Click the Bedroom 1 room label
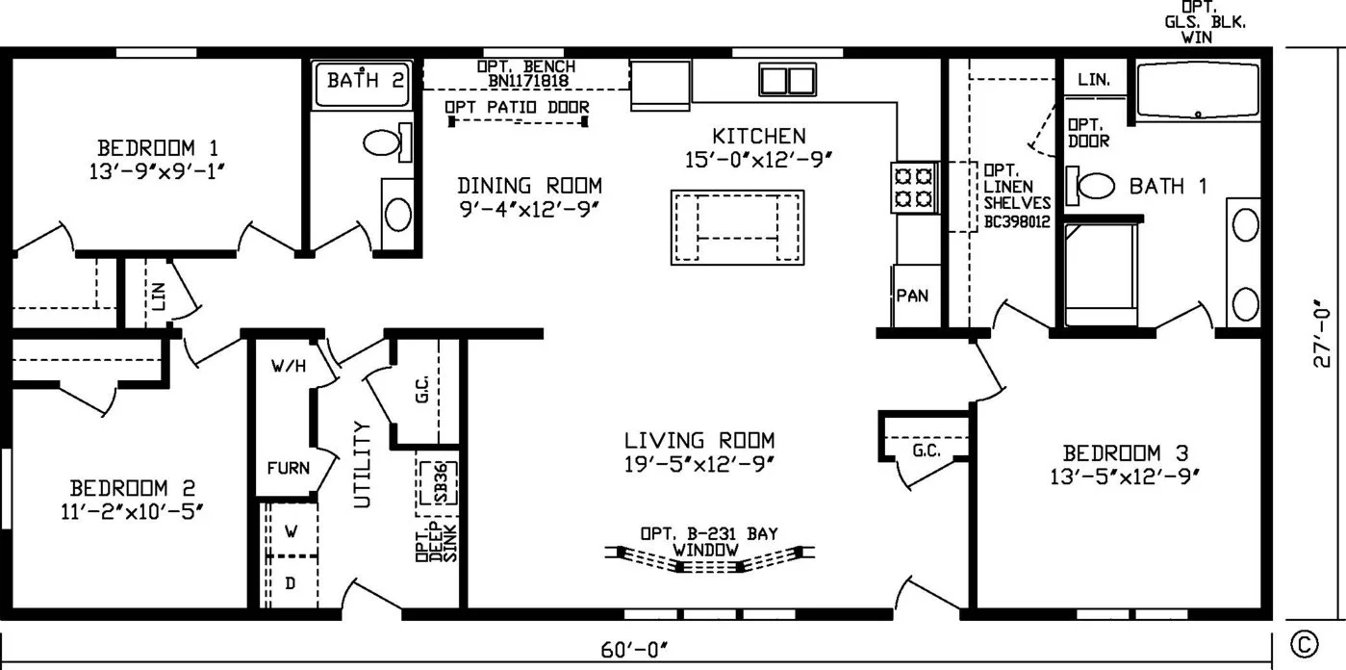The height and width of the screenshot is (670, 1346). point(158,148)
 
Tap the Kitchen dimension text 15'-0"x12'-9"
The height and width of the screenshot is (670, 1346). point(758,160)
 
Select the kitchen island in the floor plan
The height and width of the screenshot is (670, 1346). point(737,227)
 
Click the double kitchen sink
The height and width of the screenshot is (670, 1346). point(787,80)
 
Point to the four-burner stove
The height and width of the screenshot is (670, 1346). point(913,187)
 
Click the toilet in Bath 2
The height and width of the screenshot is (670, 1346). point(388,142)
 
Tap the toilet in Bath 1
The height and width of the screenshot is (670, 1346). point(1090,185)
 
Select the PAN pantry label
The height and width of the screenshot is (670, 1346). point(912,296)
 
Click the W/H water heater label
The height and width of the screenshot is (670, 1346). point(289,366)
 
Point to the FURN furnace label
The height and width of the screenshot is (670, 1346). point(289,468)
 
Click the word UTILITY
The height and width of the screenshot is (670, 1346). point(363,464)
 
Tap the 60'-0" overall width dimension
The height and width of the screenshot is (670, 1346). point(634,650)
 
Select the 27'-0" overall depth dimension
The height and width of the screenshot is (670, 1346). point(1322,333)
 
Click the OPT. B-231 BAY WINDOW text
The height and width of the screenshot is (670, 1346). point(709,541)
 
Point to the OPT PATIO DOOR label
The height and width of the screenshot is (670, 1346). point(517,107)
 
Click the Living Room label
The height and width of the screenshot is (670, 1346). point(699,441)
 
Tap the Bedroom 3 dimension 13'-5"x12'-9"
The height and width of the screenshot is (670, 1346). point(1125,477)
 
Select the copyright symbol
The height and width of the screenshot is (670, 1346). point(1305,644)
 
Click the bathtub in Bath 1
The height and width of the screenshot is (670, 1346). point(1198,90)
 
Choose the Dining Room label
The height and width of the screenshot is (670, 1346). point(529,186)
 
